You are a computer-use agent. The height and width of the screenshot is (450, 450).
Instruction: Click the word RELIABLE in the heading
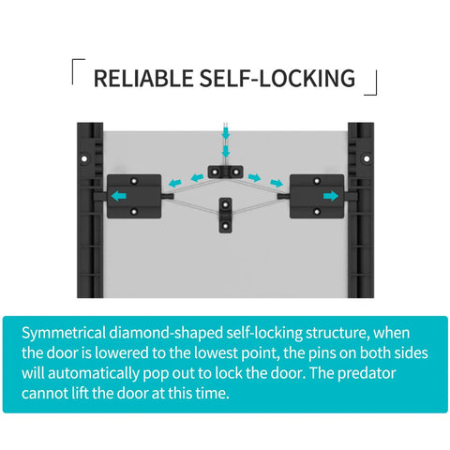click(143, 78)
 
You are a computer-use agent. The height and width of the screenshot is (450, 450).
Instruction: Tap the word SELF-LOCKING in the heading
click(277, 78)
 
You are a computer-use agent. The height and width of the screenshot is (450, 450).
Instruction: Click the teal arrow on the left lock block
click(119, 196)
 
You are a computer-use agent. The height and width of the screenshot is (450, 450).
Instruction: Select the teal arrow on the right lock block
click(331, 196)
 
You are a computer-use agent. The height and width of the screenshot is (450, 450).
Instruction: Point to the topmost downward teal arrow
click(226, 133)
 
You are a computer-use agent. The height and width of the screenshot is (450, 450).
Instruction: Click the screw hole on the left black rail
click(84, 158)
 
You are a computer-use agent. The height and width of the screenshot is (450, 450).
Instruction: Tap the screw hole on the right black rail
click(367, 158)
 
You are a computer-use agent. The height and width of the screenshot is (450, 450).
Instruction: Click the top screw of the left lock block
click(134, 181)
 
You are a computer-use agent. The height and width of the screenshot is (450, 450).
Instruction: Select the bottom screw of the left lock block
click(134, 212)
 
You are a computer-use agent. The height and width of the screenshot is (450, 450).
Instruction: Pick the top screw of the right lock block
click(317, 181)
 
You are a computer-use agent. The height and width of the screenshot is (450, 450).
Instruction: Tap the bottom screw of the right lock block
click(317, 212)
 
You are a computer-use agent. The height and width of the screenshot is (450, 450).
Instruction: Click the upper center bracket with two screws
click(225, 172)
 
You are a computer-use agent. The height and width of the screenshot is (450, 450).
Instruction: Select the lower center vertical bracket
click(225, 216)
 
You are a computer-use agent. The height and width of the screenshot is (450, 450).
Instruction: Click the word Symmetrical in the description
click(64, 333)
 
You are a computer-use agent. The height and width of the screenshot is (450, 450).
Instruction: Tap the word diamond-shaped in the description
click(166, 334)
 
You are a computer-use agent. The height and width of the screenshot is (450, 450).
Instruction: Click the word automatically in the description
click(94, 374)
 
